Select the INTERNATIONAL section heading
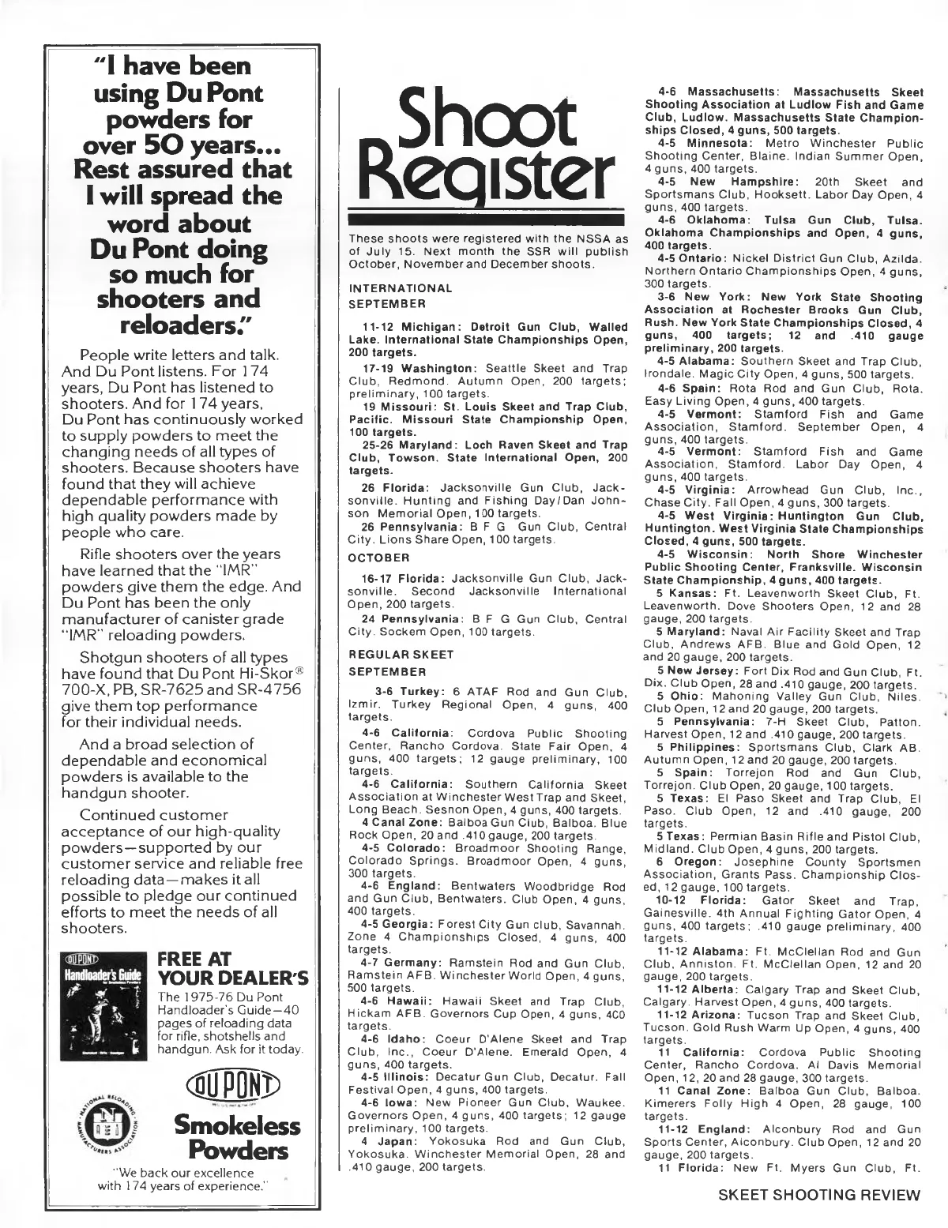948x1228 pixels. (401, 289)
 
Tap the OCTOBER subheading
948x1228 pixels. (375, 558)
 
